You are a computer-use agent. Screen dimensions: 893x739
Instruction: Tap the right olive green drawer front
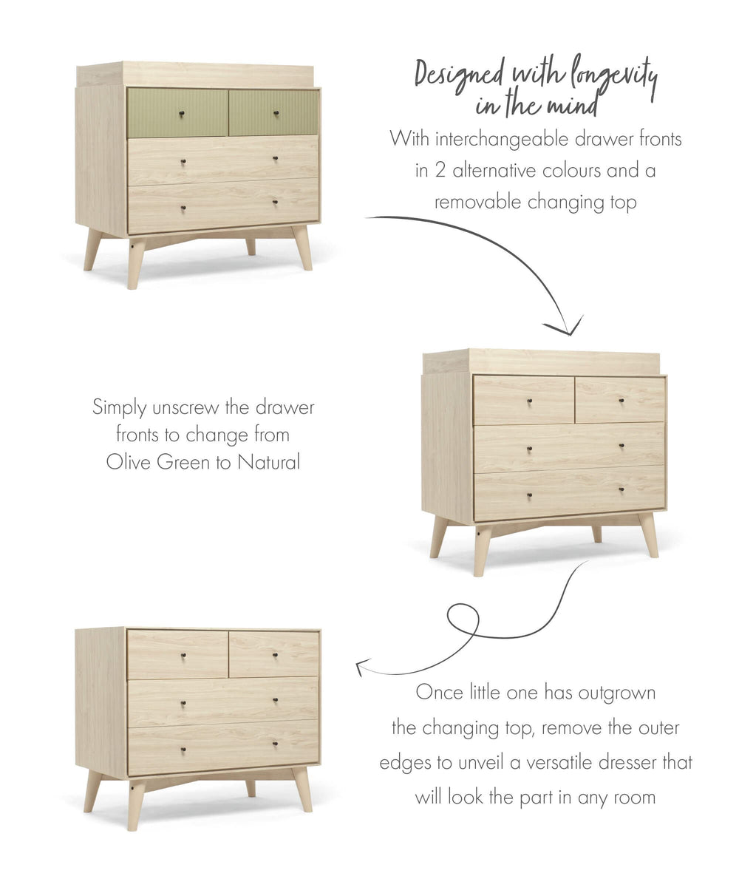(274, 112)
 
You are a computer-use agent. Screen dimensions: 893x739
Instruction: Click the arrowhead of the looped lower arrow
(360, 668)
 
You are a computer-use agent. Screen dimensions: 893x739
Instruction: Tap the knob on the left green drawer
(181, 113)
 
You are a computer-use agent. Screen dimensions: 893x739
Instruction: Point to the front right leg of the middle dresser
(648, 534)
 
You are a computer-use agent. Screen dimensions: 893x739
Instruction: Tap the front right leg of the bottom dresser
(302, 789)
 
